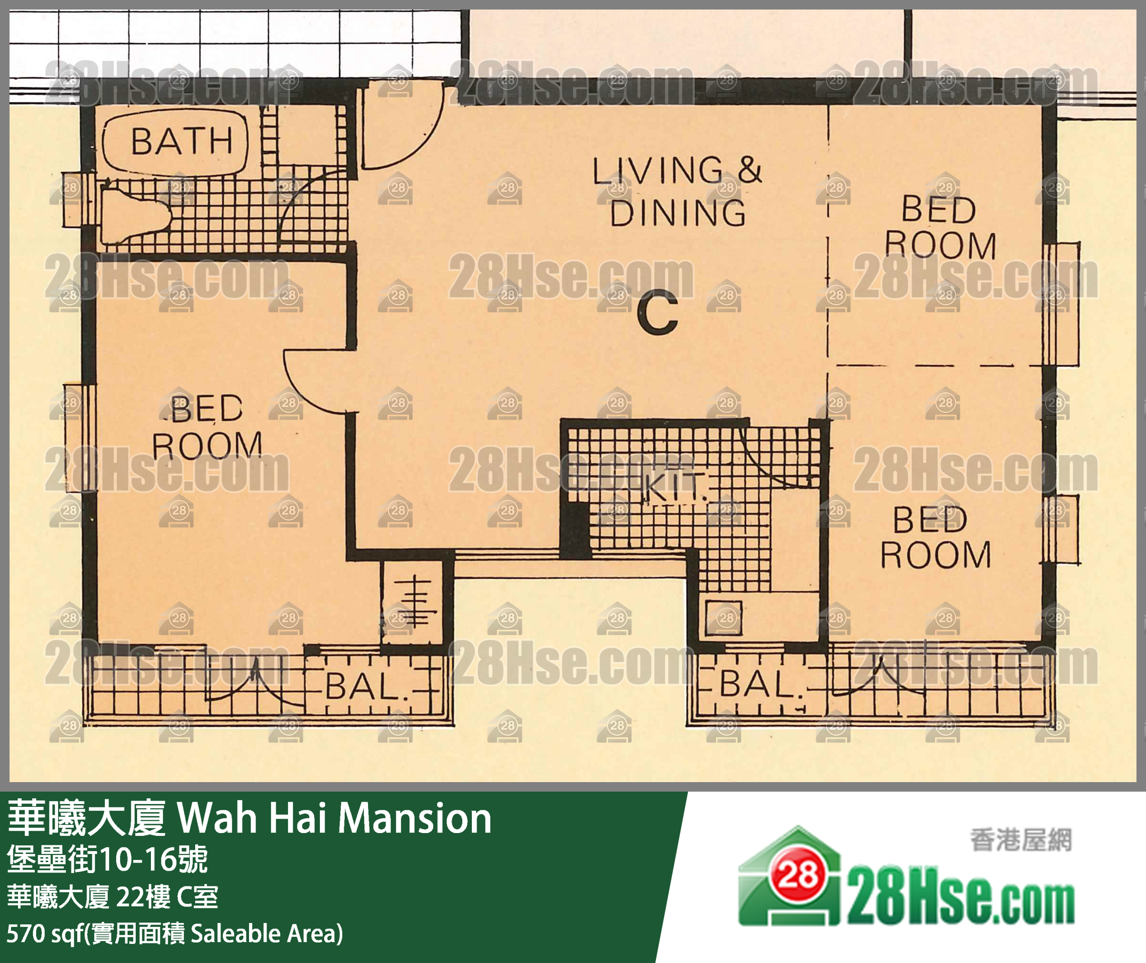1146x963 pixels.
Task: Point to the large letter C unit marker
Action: pos(658,312)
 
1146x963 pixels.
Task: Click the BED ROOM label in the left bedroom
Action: pos(206,427)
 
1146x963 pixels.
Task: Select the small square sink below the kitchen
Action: pos(723,618)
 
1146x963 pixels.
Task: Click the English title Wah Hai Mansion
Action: pos(334,818)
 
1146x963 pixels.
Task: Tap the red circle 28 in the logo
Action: pos(798,876)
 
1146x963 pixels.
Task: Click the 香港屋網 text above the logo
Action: pos(1020,840)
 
